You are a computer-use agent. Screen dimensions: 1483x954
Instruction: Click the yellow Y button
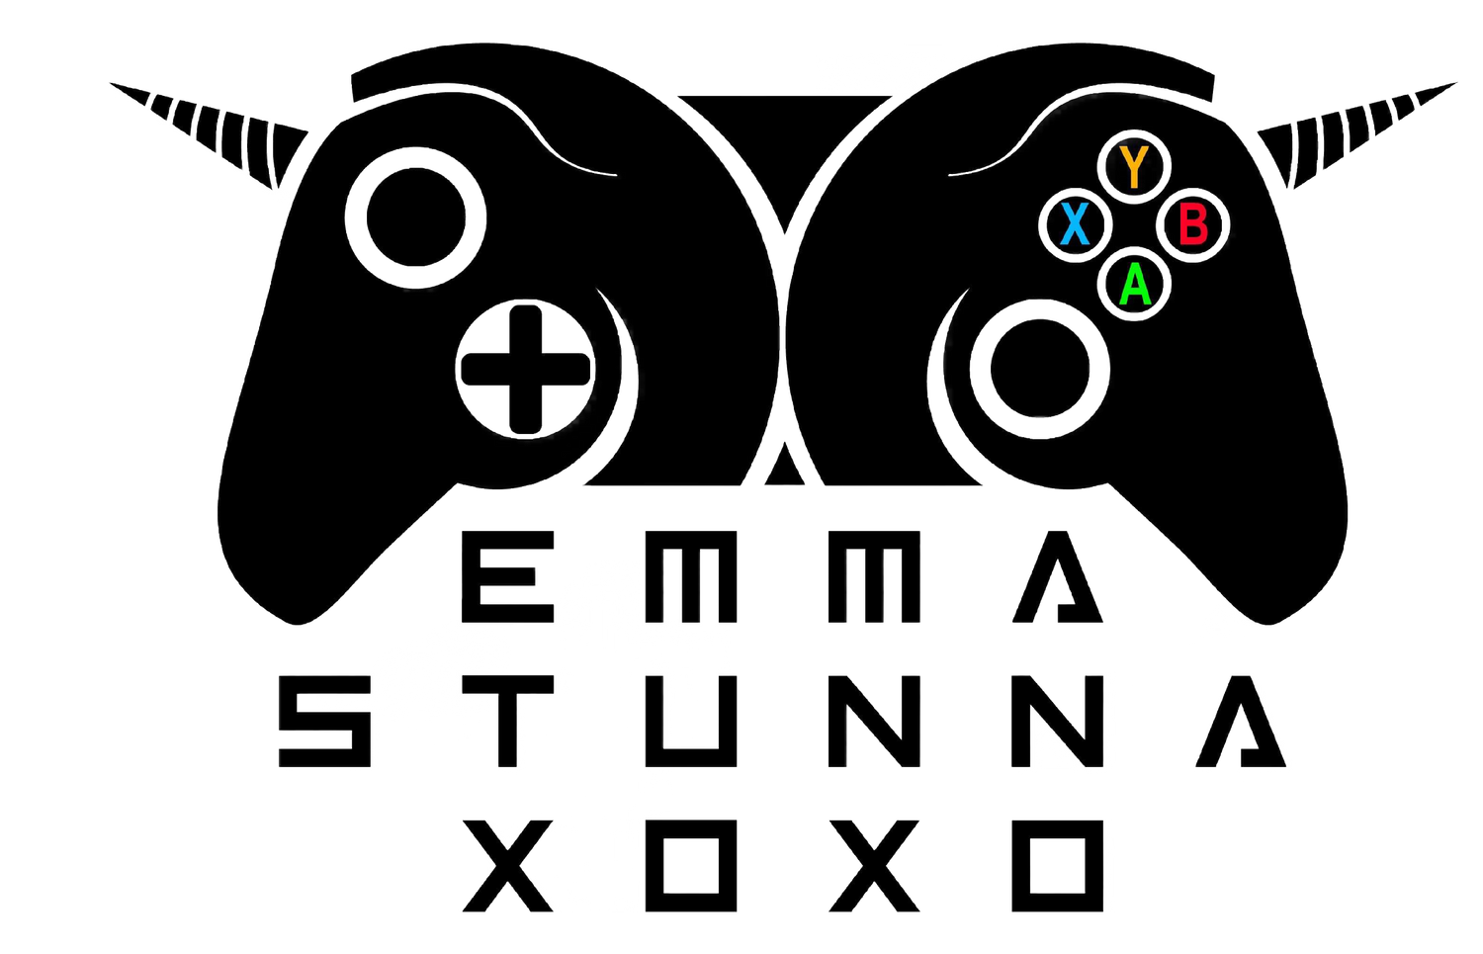tap(1134, 167)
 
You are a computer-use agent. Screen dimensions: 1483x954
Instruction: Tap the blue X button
tap(1076, 225)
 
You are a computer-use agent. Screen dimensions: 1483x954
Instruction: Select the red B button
tap(1193, 225)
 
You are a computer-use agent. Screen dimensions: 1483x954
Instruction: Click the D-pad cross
tap(526, 370)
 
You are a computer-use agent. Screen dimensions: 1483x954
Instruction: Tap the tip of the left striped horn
tap(111, 83)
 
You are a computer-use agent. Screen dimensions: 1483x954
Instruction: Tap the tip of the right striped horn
tap(1455, 83)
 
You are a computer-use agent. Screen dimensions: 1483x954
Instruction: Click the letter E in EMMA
tap(507, 576)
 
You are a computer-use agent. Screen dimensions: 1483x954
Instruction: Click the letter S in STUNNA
tap(324, 721)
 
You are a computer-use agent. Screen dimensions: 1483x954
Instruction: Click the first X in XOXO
tap(507, 866)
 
